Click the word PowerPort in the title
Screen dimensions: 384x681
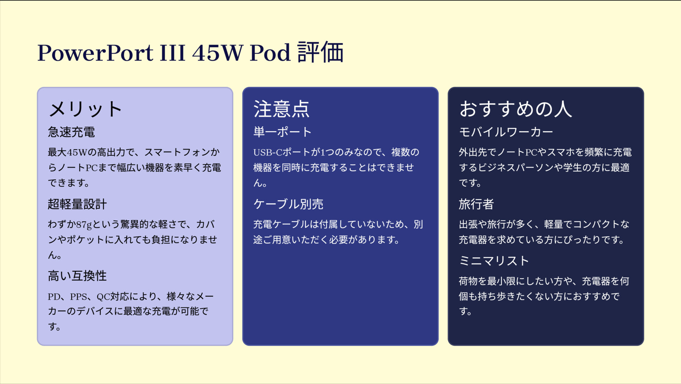click(95, 53)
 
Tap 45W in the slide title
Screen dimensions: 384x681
click(217, 53)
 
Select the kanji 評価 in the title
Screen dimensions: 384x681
click(320, 53)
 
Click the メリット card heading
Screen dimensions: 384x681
click(85, 109)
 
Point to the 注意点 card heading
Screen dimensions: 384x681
click(281, 109)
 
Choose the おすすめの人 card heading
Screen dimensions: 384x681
click(515, 109)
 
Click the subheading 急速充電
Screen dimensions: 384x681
click(71, 132)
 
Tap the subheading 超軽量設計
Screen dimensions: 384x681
click(77, 204)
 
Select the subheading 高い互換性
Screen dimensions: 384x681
click(77, 276)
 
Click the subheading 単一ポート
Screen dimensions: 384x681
click(282, 132)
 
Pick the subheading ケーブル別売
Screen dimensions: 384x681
click(288, 204)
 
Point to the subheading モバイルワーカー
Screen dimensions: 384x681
click(506, 132)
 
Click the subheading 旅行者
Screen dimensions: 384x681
click(476, 204)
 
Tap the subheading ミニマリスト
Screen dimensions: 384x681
click(494, 261)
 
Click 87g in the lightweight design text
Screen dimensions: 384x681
click(84, 225)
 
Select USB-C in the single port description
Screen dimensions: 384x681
click(267, 152)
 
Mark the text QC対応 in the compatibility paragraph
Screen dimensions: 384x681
click(110, 296)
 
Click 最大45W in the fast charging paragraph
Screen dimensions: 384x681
click(67, 152)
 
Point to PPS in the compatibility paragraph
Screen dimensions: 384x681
click(78, 296)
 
